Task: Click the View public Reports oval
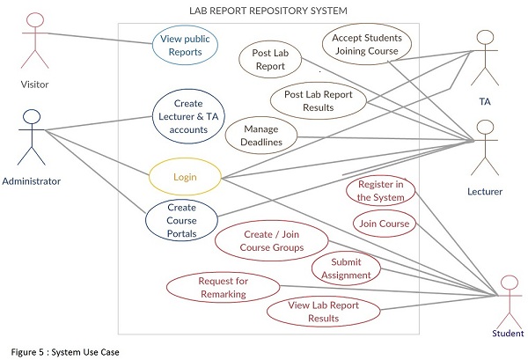point(185,45)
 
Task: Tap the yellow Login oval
point(184,177)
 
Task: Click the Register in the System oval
point(381,191)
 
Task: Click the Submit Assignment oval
point(346,268)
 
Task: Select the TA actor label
point(484,101)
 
